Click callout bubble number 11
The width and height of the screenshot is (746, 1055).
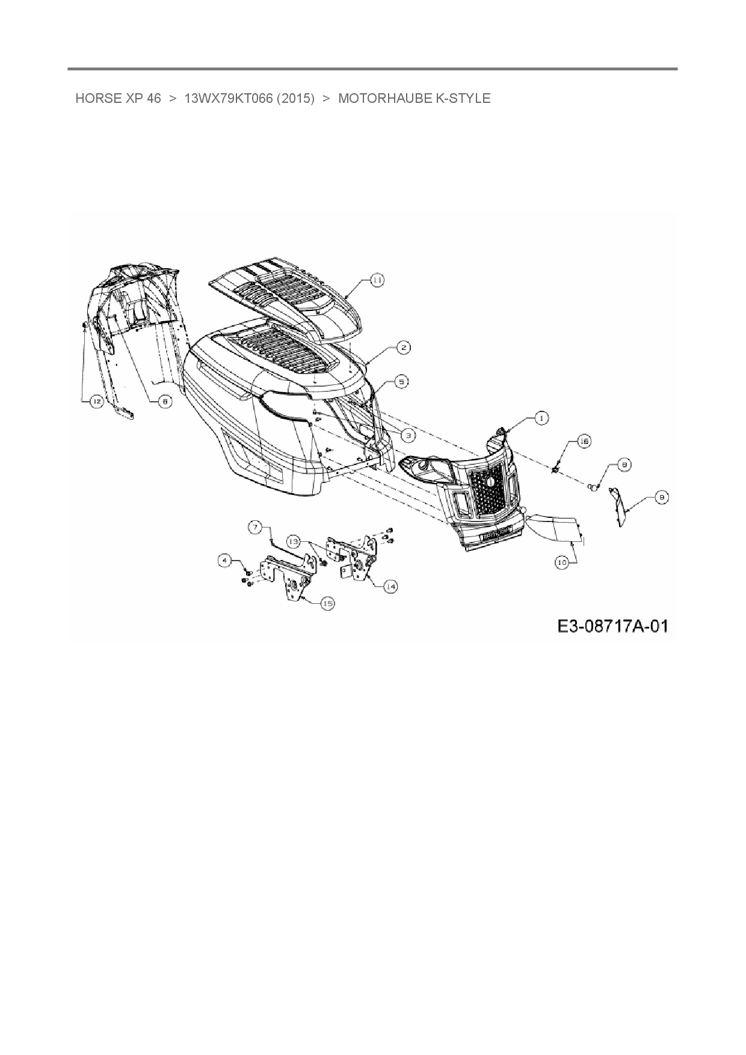coord(377,280)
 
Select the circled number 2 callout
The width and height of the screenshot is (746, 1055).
coord(404,347)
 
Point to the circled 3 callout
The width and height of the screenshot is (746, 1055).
coord(407,434)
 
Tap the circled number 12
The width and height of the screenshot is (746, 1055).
coord(96,402)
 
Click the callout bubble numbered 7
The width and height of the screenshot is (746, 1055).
coord(256,527)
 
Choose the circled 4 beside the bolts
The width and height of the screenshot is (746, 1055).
coord(225,561)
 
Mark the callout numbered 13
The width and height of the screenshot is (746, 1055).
coord(293,541)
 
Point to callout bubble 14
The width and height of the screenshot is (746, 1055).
coord(390,586)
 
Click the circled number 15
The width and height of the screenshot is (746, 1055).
coord(327,603)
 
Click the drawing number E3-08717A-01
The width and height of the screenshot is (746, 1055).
coord(612,626)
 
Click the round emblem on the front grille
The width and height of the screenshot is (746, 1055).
coord(488,482)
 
